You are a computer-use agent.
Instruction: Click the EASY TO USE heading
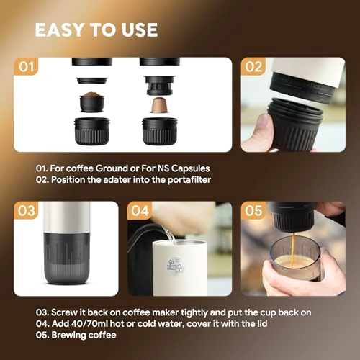96,30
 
